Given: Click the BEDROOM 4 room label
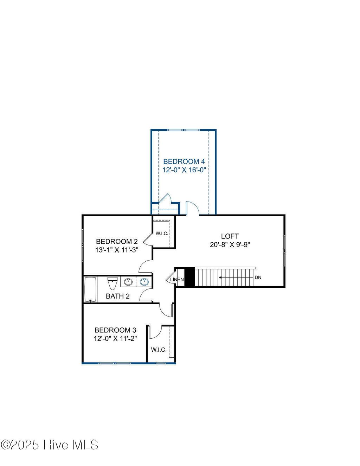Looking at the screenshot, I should tap(184, 161).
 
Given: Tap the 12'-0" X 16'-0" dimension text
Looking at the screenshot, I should tap(184, 170).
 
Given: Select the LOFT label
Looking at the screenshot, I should tap(230, 236).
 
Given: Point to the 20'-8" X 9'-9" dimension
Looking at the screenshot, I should tap(230, 245).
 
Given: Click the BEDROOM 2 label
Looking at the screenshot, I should tap(117, 242).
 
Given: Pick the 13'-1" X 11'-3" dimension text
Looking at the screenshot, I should tap(117, 250).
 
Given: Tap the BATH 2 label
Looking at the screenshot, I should tap(118, 296).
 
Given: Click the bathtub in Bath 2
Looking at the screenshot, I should tap(91, 290).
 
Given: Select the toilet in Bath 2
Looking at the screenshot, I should tap(112, 283).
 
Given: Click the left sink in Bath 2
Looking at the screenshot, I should tap(128, 282).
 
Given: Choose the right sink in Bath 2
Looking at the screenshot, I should tap(144, 282).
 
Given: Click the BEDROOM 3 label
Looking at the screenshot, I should tap(115, 330).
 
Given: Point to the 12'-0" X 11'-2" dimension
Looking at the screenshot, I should tap(115, 339).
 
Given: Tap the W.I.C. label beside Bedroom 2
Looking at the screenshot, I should tap(162, 234).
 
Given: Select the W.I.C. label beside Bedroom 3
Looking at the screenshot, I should tap(159, 350).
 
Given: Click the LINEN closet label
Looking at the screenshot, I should tap(177, 280).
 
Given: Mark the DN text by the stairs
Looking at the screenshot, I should tap(258, 277).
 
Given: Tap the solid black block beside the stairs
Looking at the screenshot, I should tap(189, 277).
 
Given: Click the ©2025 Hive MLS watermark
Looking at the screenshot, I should tap(50, 445).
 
